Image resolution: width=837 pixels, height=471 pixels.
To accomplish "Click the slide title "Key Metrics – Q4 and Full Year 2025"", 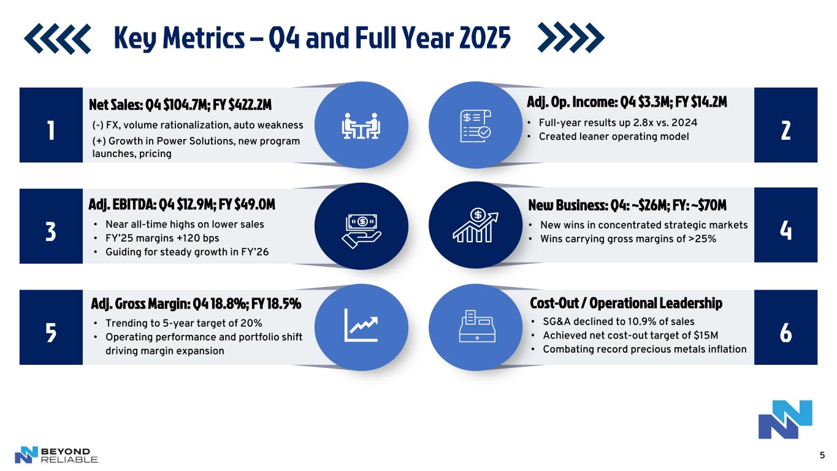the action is tap(312, 38).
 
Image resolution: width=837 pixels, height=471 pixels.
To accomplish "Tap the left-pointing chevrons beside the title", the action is tap(57, 39).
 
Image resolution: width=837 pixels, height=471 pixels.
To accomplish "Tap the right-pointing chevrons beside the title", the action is tap(571, 37).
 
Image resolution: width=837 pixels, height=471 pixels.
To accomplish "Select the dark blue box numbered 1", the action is tap(51, 125).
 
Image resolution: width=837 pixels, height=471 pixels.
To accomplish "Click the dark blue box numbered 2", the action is tap(786, 125).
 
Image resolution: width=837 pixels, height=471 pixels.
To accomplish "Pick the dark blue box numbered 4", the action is tap(786, 225).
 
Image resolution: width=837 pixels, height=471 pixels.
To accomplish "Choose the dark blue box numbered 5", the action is tap(51, 327).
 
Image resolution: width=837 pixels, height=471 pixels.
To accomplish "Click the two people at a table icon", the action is tap(361, 126).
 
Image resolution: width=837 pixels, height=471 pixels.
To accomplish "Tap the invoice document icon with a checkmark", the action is tap(476, 126).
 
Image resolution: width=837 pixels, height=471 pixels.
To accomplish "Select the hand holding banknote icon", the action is tap(361, 231).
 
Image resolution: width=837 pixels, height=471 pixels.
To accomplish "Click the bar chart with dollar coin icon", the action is tap(475, 225).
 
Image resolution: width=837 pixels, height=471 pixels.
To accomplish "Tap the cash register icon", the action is tap(477, 326).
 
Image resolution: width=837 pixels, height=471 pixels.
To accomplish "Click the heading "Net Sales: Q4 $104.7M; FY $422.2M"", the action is tap(180, 105).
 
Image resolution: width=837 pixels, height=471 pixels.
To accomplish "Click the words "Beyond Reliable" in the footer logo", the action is tap(69, 455).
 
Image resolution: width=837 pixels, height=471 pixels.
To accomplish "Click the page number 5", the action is tap(822, 455).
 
